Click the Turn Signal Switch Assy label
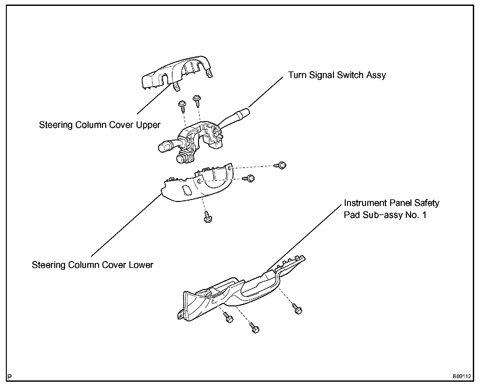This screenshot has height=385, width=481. click(x=337, y=75)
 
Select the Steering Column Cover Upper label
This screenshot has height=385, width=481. click(x=100, y=125)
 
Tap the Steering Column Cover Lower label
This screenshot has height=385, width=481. click(x=92, y=265)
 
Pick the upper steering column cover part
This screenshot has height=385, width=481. click(x=176, y=73)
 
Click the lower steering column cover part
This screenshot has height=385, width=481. click(x=199, y=186)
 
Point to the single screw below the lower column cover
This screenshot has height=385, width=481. click(x=207, y=217)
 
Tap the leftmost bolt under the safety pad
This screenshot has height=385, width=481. click(x=228, y=318)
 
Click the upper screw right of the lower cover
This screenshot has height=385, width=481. click(x=282, y=165)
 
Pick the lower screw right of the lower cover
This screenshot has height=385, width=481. click(x=250, y=178)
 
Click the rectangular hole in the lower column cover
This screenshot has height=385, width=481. click(x=188, y=190)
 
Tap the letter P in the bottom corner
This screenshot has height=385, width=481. click(x=10, y=376)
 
